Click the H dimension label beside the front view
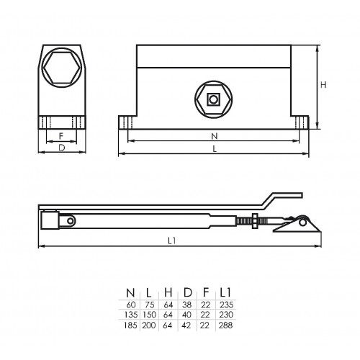point(323,85)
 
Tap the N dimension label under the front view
point(215,136)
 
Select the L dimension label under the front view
point(215,149)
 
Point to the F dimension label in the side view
point(61,136)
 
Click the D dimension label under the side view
point(62,148)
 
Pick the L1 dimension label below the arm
point(172,240)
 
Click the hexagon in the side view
point(62,68)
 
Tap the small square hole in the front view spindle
point(213,99)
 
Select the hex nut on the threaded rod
point(255,221)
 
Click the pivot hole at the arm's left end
point(71,221)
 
